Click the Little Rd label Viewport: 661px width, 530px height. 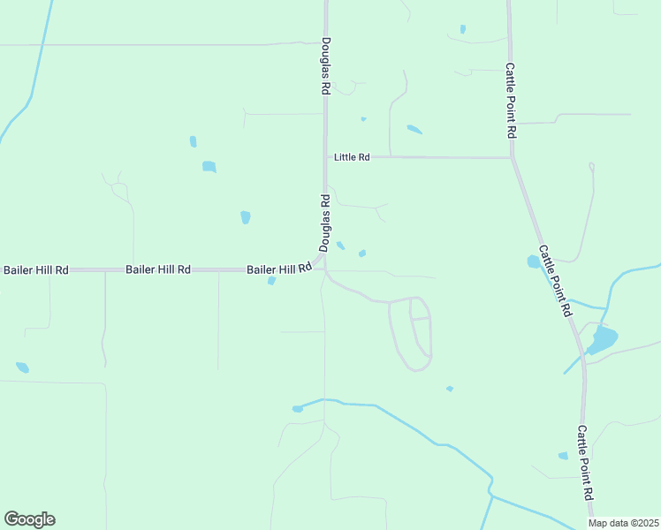(x=352, y=157)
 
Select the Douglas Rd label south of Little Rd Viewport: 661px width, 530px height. (x=325, y=221)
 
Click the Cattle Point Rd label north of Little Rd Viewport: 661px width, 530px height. (x=511, y=99)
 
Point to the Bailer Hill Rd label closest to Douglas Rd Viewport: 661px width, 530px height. (x=279, y=269)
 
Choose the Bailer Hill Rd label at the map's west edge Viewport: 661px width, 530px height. (x=36, y=269)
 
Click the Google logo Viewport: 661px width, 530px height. (x=29, y=519)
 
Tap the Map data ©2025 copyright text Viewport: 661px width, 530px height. (x=624, y=523)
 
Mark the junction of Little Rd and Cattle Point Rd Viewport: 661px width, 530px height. (x=512, y=158)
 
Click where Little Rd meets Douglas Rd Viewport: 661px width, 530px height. (x=325, y=157)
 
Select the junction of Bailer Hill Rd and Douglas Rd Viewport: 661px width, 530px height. (x=324, y=269)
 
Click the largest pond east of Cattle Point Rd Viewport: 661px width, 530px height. (x=603, y=339)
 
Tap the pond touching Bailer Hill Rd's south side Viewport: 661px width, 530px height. (x=271, y=281)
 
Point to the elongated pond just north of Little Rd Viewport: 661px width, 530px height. (x=414, y=130)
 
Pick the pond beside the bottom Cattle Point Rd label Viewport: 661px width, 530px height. (x=563, y=456)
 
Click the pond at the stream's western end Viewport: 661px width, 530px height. (x=298, y=409)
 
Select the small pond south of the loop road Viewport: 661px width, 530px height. (x=450, y=389)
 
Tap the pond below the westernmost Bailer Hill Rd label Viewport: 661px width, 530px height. (x=22, y=367)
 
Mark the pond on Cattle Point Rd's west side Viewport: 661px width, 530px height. (x=533, y=261)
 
